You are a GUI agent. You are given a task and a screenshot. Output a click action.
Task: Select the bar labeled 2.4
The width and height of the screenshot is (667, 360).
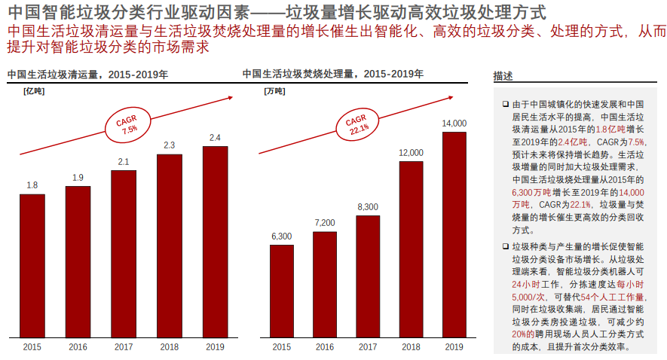tap(215, 242)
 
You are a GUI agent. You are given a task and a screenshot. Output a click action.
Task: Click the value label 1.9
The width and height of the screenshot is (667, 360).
tap(78, 178)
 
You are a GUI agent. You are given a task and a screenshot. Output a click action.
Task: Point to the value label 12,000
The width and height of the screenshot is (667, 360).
tap(411, 153)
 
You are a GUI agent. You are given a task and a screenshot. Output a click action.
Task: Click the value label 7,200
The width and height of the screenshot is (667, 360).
tap(325, 223)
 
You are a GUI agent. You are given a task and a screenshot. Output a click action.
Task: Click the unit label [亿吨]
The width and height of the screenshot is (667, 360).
tap(34, 91)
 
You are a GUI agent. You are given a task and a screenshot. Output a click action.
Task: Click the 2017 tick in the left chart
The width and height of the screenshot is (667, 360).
tap(124, 347)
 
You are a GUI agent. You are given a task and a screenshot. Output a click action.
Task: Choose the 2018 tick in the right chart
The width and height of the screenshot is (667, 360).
tap(411, 347)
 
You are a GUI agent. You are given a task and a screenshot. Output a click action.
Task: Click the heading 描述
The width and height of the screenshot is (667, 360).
tap(503, 76)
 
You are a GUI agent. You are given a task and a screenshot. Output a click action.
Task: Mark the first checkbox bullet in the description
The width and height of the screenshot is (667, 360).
tap(506, 104)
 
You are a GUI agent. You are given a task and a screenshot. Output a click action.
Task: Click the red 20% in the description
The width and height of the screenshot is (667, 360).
tap(519, 334)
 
